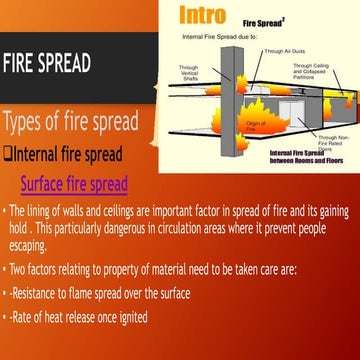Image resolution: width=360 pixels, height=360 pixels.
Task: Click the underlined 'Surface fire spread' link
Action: coord(74,184)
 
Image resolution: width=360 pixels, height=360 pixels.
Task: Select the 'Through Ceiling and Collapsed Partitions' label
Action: coord(312,69)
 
